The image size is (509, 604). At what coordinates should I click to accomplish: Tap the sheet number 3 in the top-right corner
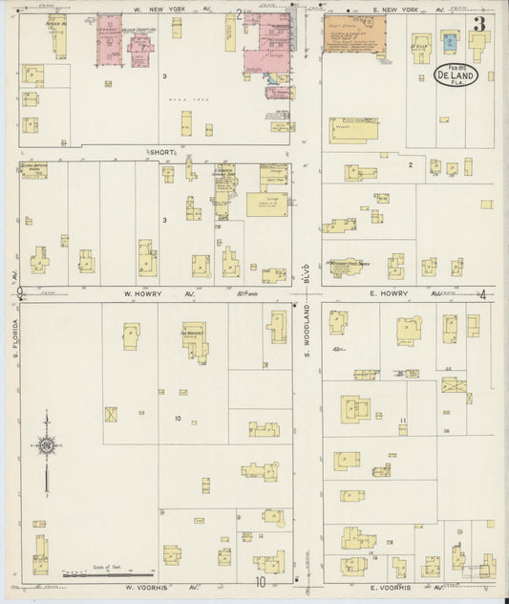(477, 24)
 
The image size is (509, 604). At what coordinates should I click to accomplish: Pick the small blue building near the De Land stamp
(450, 41)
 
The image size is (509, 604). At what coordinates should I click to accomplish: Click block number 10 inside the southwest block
(178, 419)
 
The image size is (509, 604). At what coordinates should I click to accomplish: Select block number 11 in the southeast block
(404, 421)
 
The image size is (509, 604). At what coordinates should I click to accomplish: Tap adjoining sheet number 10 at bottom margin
(260, 580)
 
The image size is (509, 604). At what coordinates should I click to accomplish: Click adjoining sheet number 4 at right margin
(483, 294)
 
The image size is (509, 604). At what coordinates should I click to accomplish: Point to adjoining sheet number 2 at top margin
(239, 13)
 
